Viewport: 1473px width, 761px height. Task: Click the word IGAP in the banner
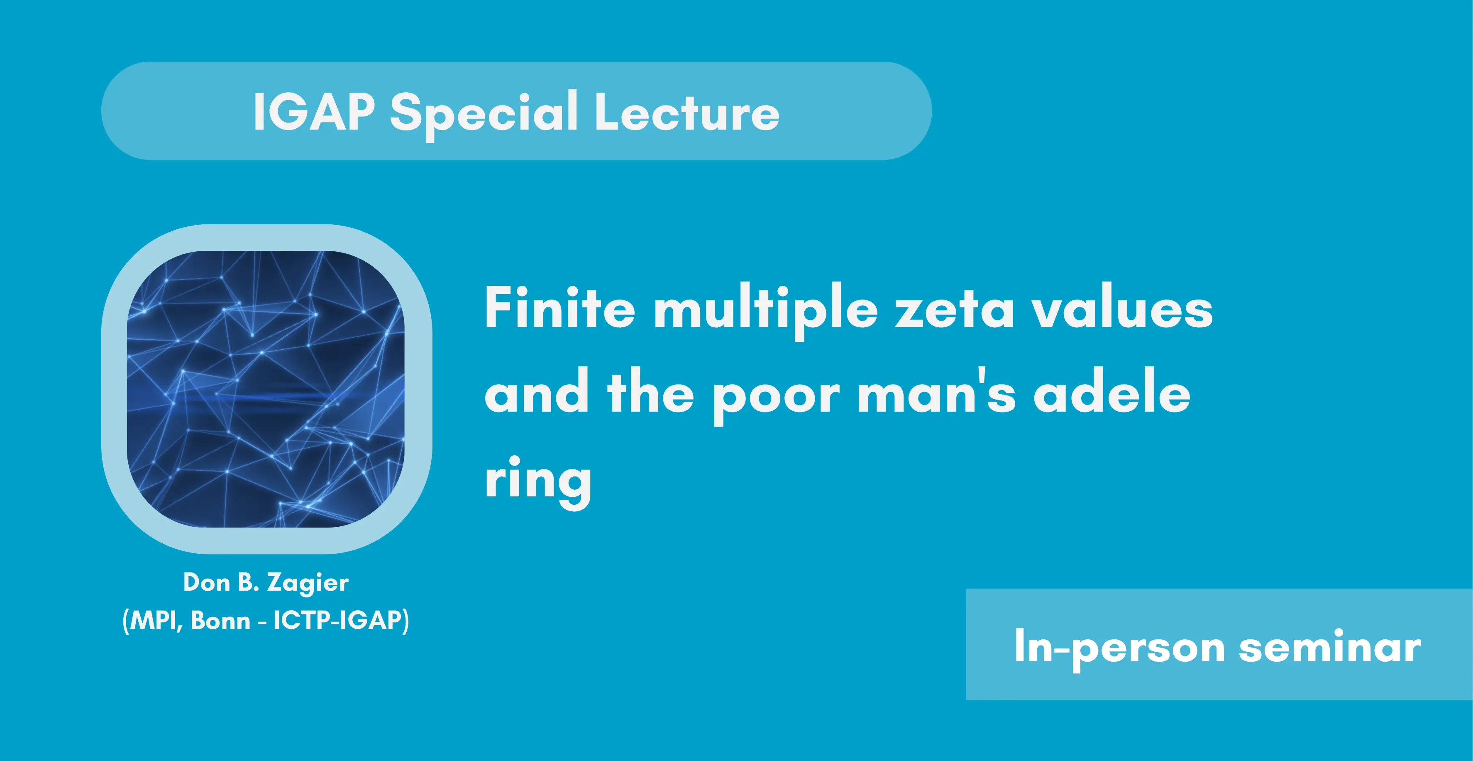314,112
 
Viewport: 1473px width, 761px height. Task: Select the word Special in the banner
484,114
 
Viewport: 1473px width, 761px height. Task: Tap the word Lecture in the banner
687,112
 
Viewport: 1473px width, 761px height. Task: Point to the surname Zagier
308,584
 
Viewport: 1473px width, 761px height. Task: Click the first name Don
206,582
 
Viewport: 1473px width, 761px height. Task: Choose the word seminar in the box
1329,647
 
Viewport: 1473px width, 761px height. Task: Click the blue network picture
266,389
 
